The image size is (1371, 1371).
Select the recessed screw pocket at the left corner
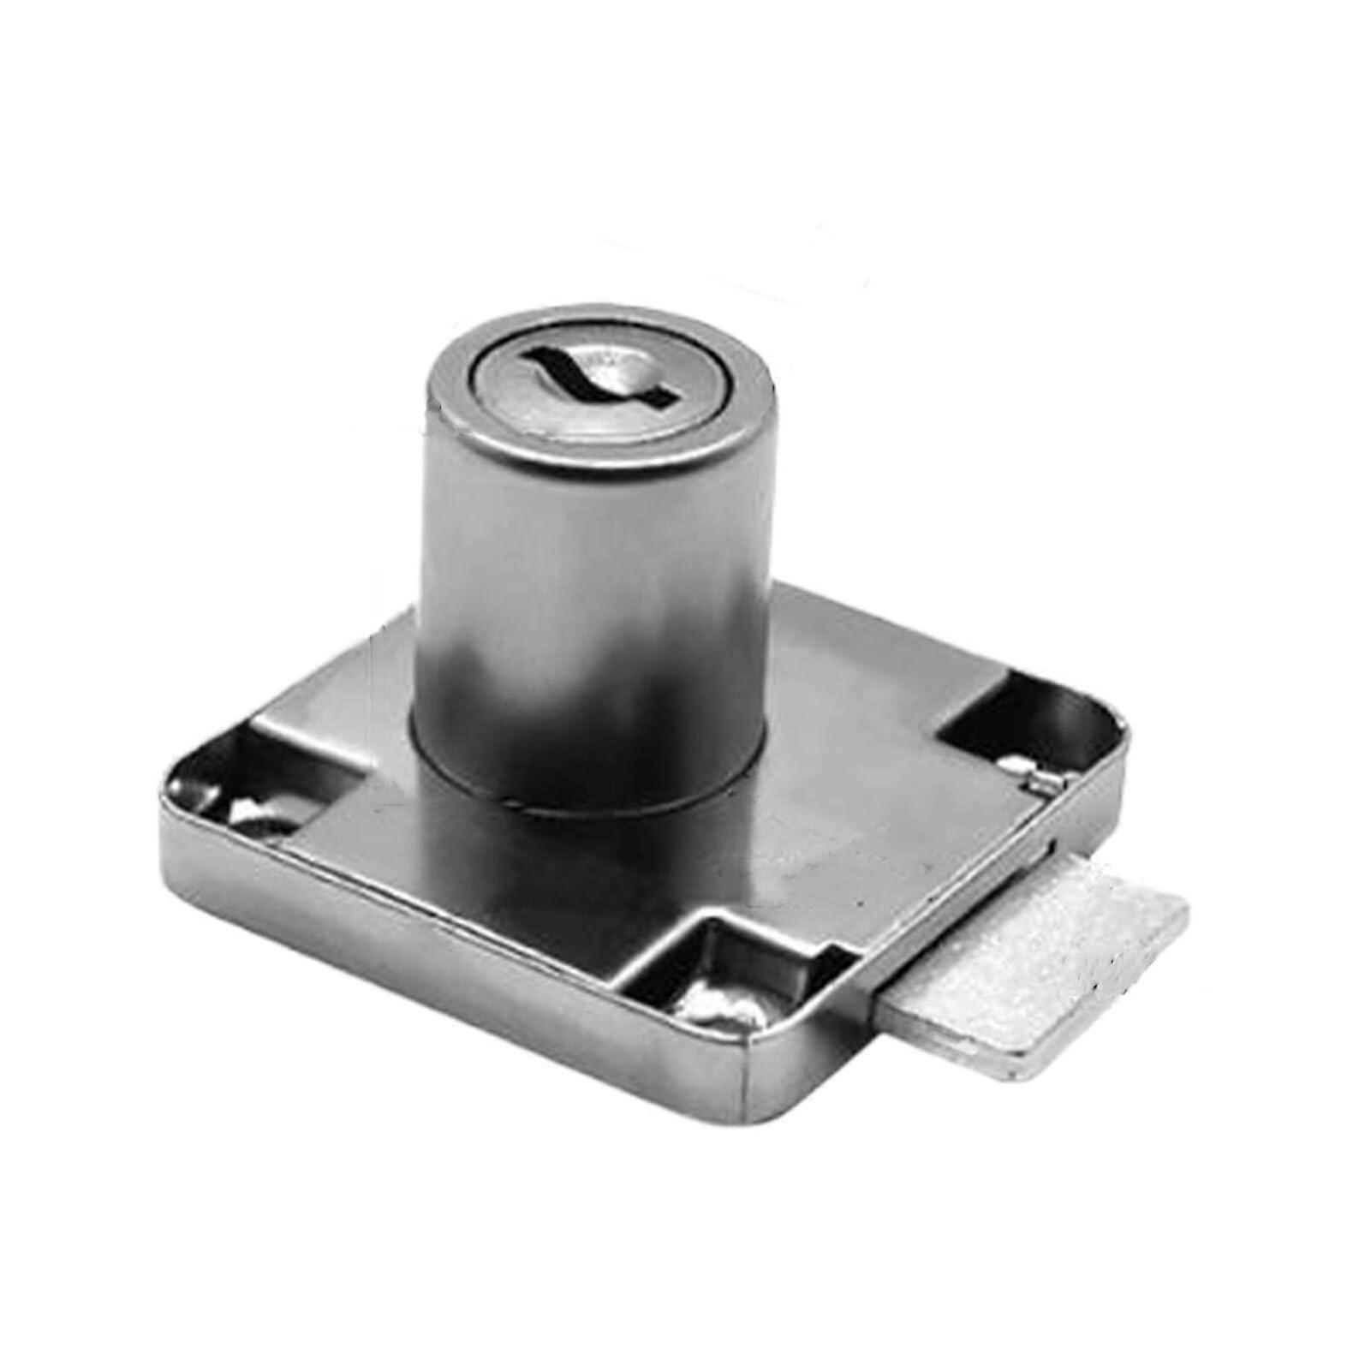(x=248, y=784)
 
